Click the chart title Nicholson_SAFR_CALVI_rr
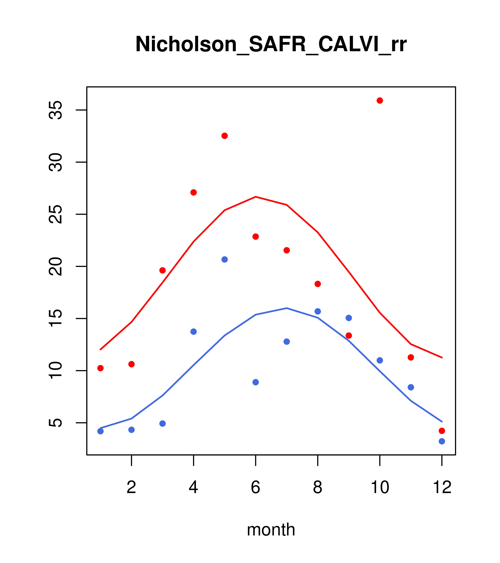[x=271, y=44]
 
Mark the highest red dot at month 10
[x=380, y=100]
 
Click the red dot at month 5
[x=225, y=136]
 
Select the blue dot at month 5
[x=225, y=259]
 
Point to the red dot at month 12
[x=442, y=431]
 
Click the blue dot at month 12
[x=442, y=441]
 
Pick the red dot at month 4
[x=193, y=192]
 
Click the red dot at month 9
[x=349, y=336]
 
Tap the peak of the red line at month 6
[x=256, y=197]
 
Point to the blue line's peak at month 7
[x=287, y=308]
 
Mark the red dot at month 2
[x=132, y=364]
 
